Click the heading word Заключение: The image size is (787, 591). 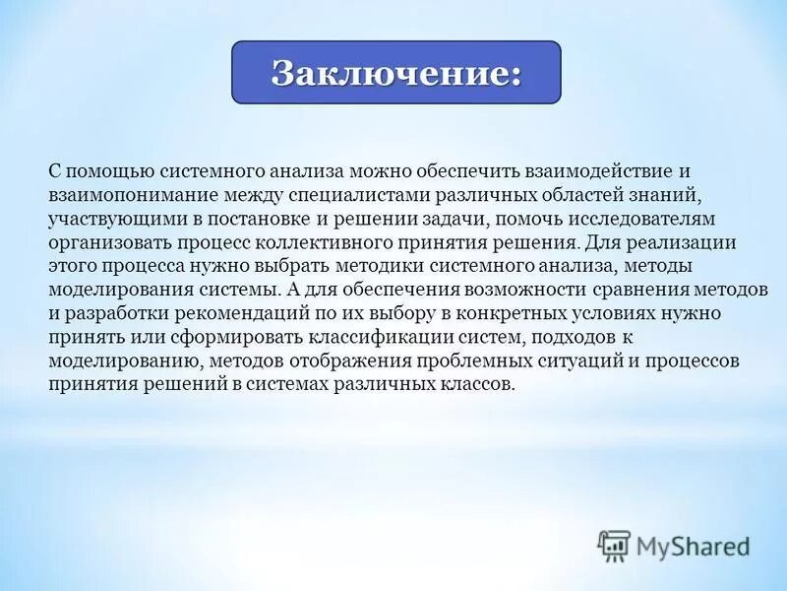[395, 74]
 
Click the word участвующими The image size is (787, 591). [107, 218]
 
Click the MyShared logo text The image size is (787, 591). [692, 545]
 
